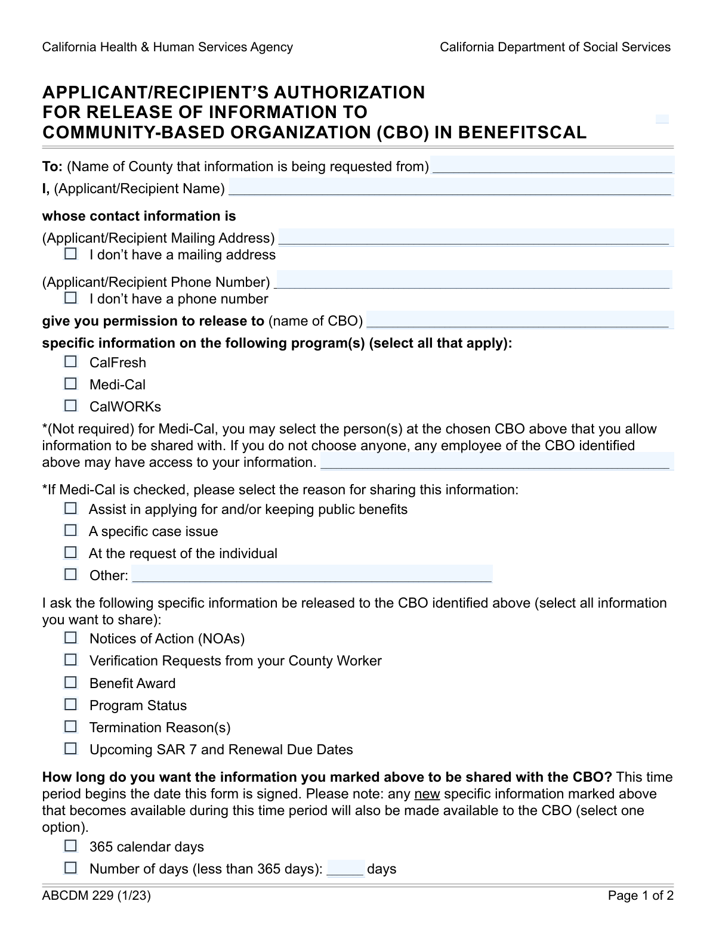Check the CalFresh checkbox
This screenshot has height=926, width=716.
tap(71, 361)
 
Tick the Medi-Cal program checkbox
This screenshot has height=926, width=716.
tap(71, 383)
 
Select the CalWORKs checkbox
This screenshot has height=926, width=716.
tap(71, 405)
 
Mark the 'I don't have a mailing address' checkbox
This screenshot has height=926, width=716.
tap(71, 254)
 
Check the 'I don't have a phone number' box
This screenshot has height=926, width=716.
tap(71, 298)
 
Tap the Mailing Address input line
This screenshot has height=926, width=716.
tap(476, 237)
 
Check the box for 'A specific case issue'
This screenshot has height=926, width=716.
tap(71, 530)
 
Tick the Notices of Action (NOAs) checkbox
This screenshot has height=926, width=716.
tap(71, 637)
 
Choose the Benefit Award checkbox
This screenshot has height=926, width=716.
tap(71, 682)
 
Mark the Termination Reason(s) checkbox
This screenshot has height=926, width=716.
tap(71, 726)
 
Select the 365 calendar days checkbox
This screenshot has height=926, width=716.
tap(71, 846)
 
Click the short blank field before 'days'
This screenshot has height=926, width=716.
tap(345, 868)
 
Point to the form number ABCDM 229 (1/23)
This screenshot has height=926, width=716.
tap(96, 896)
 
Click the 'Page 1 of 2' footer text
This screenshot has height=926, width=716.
tap(640, 896)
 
